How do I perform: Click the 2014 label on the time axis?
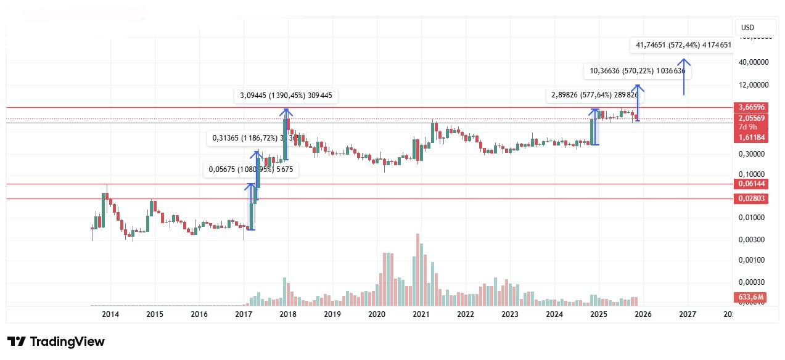coord(110,314)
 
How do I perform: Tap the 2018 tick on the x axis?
coord(288,314)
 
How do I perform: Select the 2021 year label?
coord(421,314)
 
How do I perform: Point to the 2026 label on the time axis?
coord(643,314)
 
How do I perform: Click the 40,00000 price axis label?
coord(755,62)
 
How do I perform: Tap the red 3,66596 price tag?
coord(752,107)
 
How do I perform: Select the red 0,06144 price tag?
coord(752,184)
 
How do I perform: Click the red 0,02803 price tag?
coord(752,198)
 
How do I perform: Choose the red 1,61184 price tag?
coord(752,137)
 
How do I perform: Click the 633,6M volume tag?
coord(752,298)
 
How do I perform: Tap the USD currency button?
coord(748,28)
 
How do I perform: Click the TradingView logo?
coord(56,342)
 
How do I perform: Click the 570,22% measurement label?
coord(638,72)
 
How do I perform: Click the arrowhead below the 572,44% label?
coord(683,62)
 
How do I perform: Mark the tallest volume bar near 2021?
coord(418,269)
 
